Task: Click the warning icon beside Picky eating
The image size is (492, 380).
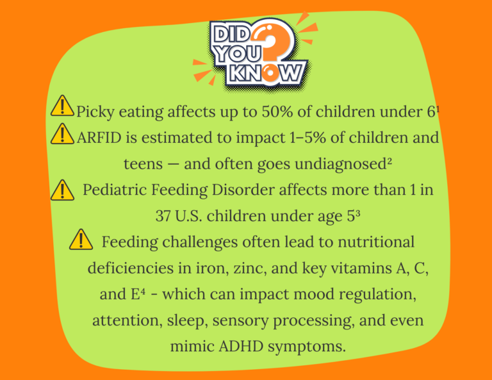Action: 61,106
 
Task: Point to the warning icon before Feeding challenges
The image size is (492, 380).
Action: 81,240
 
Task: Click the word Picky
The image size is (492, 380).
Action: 94,112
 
